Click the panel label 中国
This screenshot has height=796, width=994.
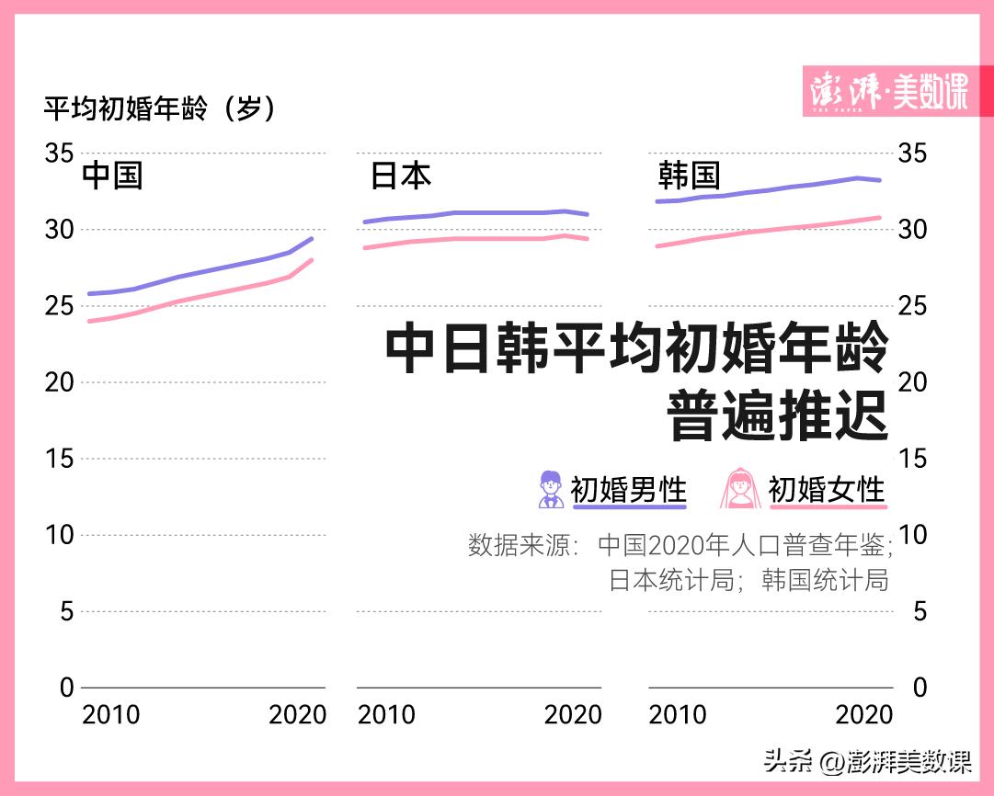[112, 176]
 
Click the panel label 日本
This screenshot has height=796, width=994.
[400, 176]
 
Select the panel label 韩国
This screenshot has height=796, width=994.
[689, 176]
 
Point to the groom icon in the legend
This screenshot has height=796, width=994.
[551, 489]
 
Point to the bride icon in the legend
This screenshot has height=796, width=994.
[740, 489]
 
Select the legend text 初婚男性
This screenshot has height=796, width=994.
[629, 489]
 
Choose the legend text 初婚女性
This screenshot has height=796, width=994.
[827, 489]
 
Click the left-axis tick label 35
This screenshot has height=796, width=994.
[59, 153]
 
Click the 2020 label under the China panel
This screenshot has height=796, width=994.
[297, 715]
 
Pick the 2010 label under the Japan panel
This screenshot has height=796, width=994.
[386, 715]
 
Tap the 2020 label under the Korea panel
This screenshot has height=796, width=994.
[863, 715]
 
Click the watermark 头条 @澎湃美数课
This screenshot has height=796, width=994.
[866, 761]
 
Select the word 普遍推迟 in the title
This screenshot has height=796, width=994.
[777, 416]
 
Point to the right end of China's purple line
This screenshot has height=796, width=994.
[313, 238]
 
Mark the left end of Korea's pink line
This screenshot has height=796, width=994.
[657, 245]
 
